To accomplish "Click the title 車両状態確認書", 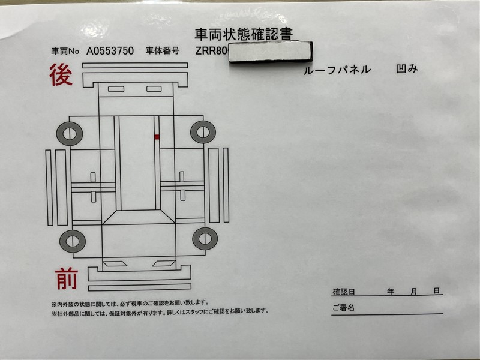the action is point(244,34).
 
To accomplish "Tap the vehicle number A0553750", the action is point(110,51).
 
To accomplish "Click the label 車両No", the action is point(65,51).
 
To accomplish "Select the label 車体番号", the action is point(163,51).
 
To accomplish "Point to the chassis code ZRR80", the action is point(211,51).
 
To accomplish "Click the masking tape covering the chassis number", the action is point(270,52).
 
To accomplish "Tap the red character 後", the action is point(61,74).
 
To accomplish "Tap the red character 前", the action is point(67,278).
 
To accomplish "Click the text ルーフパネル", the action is point(337,70).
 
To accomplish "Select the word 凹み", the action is point(407,69).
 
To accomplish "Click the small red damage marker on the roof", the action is point(157,137).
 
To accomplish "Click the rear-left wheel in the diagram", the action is point(70,134).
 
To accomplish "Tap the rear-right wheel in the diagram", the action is point(203,132).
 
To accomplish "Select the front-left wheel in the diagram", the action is point(73,241).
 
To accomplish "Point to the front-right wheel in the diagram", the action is point(205,238).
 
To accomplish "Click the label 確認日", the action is point(343,292).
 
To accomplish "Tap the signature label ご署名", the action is point(343,307).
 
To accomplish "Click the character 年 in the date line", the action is point(391,291).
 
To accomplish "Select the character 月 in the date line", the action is point(413,291).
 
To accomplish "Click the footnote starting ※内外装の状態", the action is point(130,304).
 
